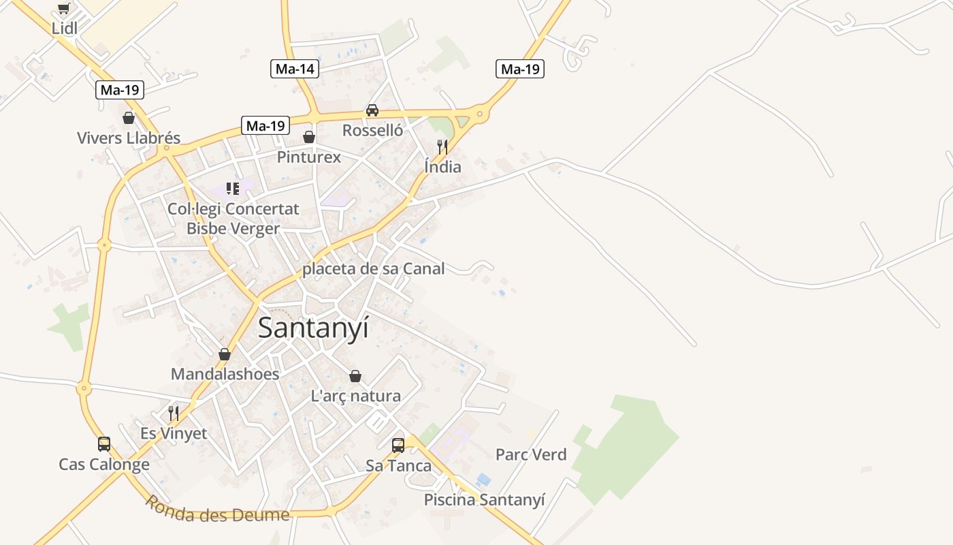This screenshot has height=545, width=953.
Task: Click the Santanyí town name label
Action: pyautogui.click(x=313, y=328)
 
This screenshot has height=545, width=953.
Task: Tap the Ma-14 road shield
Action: pyautogui.click(x=295, y=69)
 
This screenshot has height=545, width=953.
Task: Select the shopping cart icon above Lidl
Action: pyautogui.click(x=64, y=9)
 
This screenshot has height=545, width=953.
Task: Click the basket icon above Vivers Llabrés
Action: pyautogui.click(x=129, y=119)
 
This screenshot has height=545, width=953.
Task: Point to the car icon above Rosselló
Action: pyautogui.click(x=372, y=110)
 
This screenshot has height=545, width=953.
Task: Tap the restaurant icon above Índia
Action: pyautogui.click(x=442, y=146)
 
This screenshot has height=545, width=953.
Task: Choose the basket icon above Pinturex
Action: pyautogui.click(x=309, y=137)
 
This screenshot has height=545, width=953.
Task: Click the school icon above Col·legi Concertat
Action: pyautogui.click(x=233, y=189)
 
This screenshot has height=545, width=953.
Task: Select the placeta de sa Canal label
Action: pyautogui.click(x=373, y=269)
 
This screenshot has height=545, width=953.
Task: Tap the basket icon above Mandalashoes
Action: pyautogui.click(x=225, y=354)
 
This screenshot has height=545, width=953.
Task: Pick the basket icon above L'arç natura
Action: pyautogui.click(x=355, y=376)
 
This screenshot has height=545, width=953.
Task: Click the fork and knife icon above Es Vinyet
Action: pyautogui.click(x=174, y=413)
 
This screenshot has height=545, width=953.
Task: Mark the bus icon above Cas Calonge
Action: pyautogui.click(x=104, y=444)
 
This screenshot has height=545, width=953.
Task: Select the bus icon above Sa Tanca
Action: pyautogui.click(x=398, y=446)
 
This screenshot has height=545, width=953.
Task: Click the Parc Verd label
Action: pyautogui.click(x=531, y=454)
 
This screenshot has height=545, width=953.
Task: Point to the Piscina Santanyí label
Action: pyautogui.click(x=484, y=500)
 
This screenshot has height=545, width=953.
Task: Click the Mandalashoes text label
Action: pyautogui.click(x=225, y=374)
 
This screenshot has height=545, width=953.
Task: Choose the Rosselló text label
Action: pyautogui.click(x=372, y=130)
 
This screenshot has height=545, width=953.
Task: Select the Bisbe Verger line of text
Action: pyautogui.click(x=233, y=228)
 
